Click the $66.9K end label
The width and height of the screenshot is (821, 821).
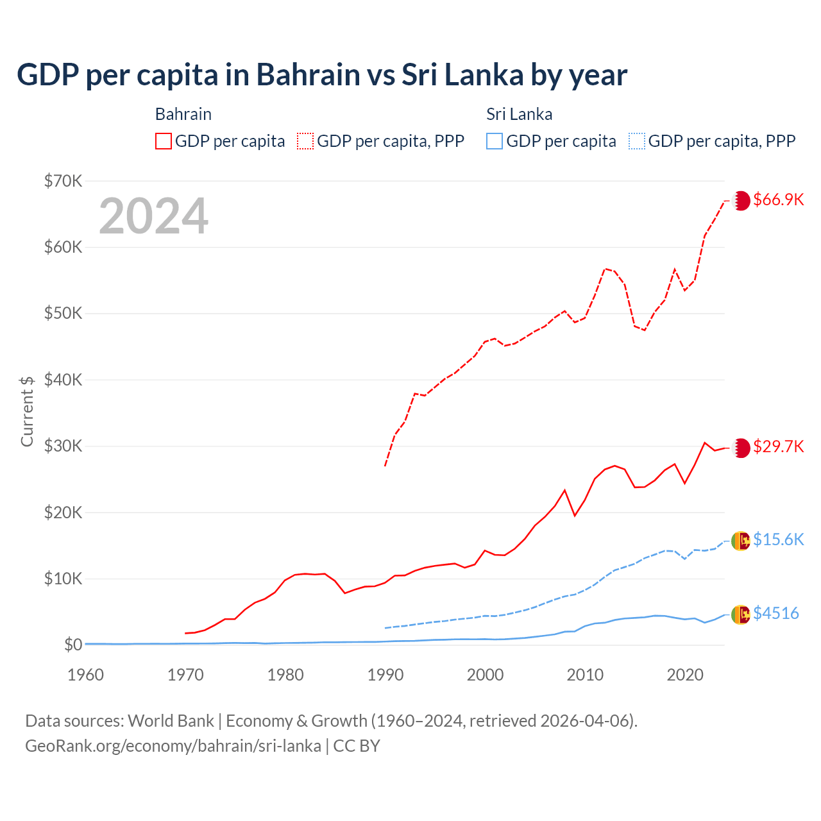[x=778, y=199]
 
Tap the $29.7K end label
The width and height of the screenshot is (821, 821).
[x=778, y=446]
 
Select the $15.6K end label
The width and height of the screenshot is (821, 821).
[x=778, y=539]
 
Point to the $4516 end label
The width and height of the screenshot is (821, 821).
[x=775, y=613]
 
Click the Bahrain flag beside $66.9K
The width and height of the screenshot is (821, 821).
[x=741, y=200]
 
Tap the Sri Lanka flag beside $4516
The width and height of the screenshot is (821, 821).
[x=741, y=614]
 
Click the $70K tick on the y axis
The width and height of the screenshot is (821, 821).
[x=63, y=181]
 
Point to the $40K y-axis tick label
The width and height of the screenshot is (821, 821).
[x=63, y=380]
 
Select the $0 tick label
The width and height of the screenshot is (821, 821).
[x=73, y=645]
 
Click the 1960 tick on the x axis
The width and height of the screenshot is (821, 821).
[x=86, y=675]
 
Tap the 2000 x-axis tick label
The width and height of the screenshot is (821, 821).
[x=486, y=675]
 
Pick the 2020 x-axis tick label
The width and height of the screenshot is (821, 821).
[x=685, y=675]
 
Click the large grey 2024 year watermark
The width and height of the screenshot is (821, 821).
[x=154, y=216]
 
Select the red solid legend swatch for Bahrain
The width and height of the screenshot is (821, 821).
[x=164, y=141]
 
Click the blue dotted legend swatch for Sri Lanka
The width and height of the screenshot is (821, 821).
[x=637, y=141]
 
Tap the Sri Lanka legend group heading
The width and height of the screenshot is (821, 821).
[x=519, y=114]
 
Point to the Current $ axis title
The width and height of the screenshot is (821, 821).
[x=27, y=411]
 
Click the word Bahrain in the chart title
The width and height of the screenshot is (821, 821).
[x=308, y=75]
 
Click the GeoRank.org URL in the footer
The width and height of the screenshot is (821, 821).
[x=173, y=746]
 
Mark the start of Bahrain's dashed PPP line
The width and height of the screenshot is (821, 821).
[x=385, y=466]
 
